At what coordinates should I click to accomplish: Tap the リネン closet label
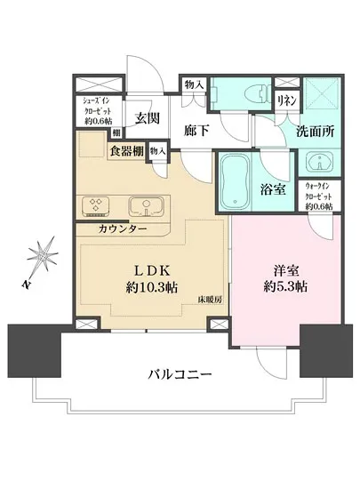pos(286,100)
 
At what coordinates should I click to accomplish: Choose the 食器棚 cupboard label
pos(126,150)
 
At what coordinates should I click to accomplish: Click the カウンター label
pos(124,228)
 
